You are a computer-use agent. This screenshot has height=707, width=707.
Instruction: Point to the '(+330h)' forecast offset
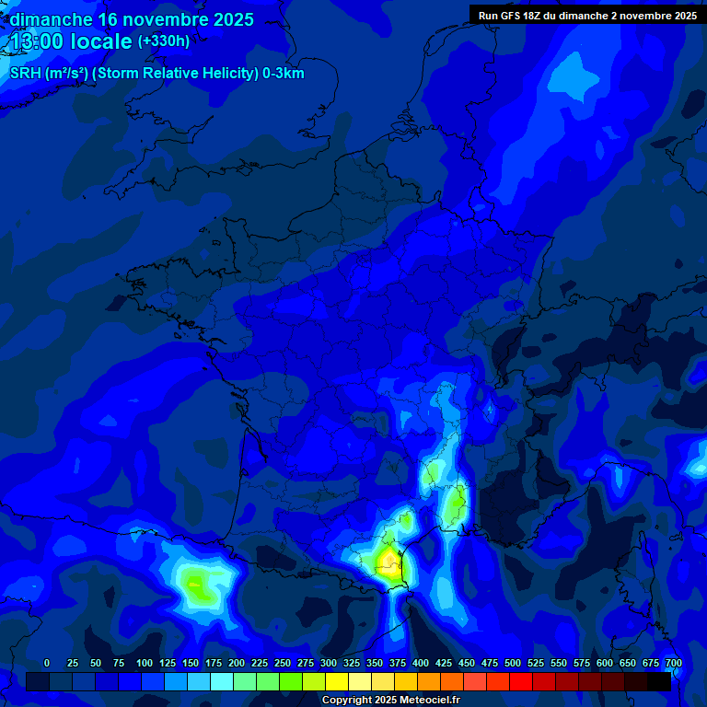(x=164, y=41)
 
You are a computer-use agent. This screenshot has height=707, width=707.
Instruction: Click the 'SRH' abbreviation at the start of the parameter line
(x=26, y=74)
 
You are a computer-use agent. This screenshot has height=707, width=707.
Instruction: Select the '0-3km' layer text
(x=283, y=74)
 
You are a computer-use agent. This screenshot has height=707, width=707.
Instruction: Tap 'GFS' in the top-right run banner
(x=513, y=16)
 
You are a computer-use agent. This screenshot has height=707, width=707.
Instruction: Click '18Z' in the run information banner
(x=539, y=16)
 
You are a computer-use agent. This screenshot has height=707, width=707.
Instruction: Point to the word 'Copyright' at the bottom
(x=347, y=701)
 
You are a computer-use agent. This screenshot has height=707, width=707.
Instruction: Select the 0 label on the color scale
(x=47, y=663)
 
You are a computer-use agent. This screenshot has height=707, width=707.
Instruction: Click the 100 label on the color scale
(x=145, y=663)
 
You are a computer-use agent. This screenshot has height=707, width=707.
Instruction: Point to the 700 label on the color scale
(x=674, y=663)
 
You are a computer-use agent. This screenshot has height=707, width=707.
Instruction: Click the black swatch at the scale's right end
(x=659, y=681)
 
